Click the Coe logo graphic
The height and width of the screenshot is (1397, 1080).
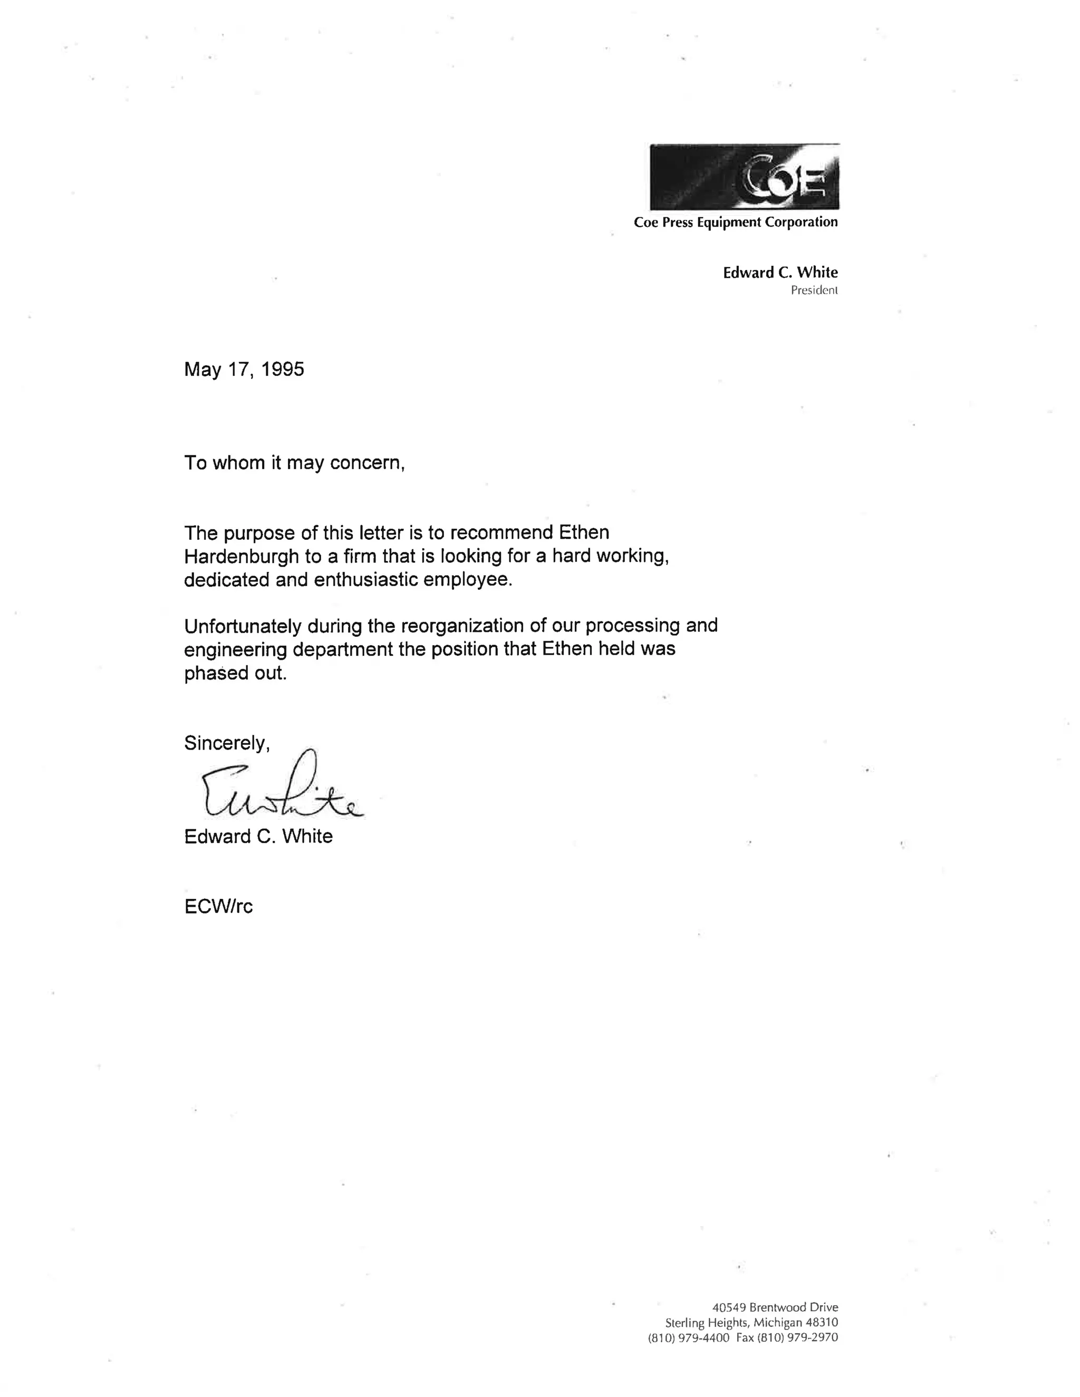click(x=744, y=177)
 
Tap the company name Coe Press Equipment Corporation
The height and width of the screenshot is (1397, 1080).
click(x=735, y=222)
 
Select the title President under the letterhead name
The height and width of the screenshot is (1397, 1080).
click(x=814, y=290)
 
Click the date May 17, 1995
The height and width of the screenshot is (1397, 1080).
click(x=244, y=370)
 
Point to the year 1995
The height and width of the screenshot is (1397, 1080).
click(x=283, y=370)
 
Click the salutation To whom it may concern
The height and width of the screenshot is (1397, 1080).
click(x=294, y=463)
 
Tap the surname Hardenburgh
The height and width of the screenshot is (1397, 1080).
click(x=241, y=557)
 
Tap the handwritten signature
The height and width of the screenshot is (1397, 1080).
click(x=282, y=790)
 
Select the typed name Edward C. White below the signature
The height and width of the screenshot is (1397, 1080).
click(x=258, y=837)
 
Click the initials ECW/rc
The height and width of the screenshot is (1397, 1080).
click(x=218, y=906)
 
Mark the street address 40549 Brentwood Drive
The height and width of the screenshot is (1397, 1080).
click(x=775, y=1307)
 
